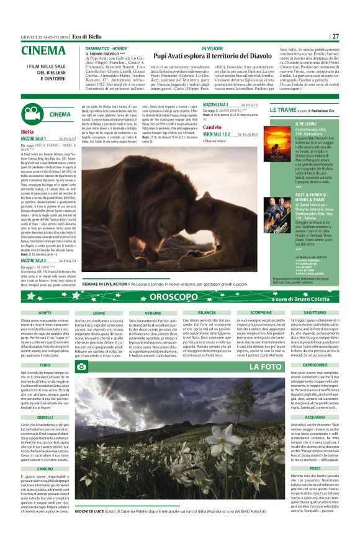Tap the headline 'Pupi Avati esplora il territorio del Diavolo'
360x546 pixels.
pyautogui.click(x=212, y=55)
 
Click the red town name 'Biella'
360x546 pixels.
pyautogui.click(x=27, y=132)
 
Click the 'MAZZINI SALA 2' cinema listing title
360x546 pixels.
pyautogui.click(x=37, y=243)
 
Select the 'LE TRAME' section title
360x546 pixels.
pyautogui.click(x=286, y=109)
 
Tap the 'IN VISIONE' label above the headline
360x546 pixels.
pyautogui.click(x=212, y=47)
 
